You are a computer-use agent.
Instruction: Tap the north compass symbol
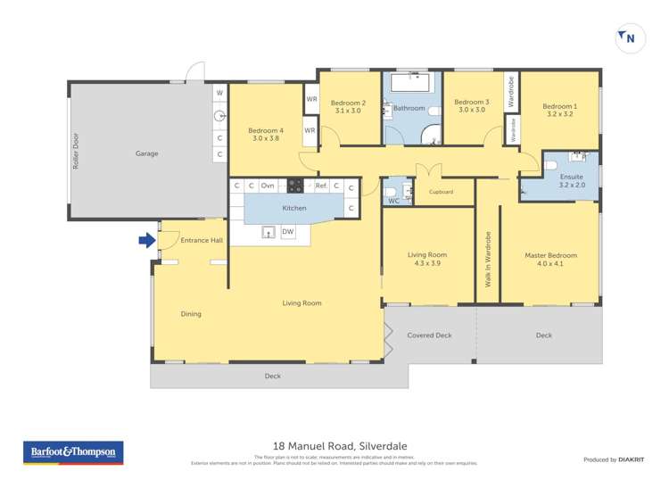[628, 37]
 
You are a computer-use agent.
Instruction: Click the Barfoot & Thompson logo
[72, 453]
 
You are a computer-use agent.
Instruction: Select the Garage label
[147, 153]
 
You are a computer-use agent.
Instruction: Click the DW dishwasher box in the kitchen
[287, 232]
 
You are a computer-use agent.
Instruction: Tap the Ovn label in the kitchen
[268, 186]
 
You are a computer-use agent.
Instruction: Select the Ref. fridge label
[321, 186]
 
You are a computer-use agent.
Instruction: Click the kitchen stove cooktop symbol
[294, 186]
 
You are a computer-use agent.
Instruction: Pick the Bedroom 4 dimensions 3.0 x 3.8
[266, 138]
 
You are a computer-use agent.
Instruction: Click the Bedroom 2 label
[350, 102]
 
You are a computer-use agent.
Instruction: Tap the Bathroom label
[409, 108]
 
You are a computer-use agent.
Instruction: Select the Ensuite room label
[571, 176]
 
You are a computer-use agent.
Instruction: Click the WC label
[393, 201]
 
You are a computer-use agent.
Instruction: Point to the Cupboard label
[442, 192]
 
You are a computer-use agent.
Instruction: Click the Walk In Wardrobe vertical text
[488, 260]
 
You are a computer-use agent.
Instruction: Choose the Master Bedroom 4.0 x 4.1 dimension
[550, 264]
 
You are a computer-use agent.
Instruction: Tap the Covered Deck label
[430, 335]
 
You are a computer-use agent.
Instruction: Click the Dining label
[191, 314]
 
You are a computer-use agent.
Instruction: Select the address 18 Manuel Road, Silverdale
[334, 446]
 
